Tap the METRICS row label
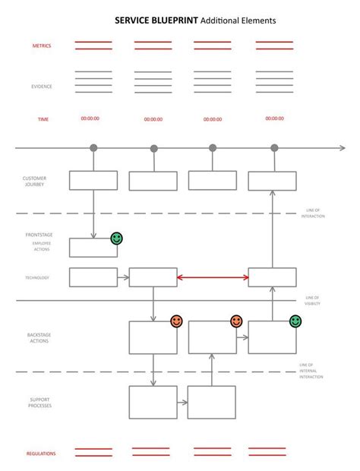(42, 46)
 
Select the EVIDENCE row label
(42, 87)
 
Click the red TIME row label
(43, 119)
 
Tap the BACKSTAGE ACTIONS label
(39, 337)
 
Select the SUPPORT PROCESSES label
(40, 403)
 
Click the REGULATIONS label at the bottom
(41, 454)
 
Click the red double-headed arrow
(213, 278)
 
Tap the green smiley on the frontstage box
(116, 239)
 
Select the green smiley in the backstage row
(295, 321)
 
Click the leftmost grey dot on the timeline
(93, 147)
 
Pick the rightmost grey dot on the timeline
(274, 147)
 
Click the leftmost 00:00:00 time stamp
(90, 119)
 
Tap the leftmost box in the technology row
(93, 277)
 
